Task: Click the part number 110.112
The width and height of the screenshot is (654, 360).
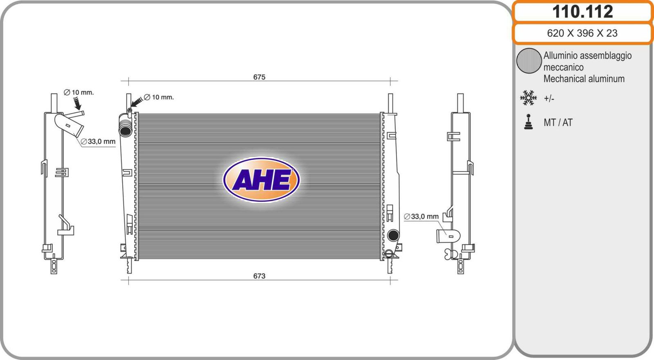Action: pyautogui.click(x=582, y=12)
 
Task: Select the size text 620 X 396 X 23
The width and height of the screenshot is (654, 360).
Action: pyautogui.click(x=582, y=33)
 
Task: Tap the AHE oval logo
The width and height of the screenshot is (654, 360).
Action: pyautogui.click(x=261, y=179)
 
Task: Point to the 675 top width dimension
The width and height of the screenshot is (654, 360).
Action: pyautogui.click(x=259, y=77)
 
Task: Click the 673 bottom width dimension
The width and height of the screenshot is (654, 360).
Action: pyautogui.click(x=259, y=276)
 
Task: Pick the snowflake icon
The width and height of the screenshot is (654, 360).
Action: pyautogui.click(x=529, y=98)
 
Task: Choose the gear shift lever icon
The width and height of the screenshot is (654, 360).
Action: pyautogui.click(x=529, y=122)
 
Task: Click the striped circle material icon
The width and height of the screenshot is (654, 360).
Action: pyautogui.click(x=529, y=60)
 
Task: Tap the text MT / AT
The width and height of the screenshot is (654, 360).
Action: pyautogui.click(x=558, y=123)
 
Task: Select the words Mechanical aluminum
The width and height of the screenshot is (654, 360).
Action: pyautogui.click(x=584, y=79)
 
